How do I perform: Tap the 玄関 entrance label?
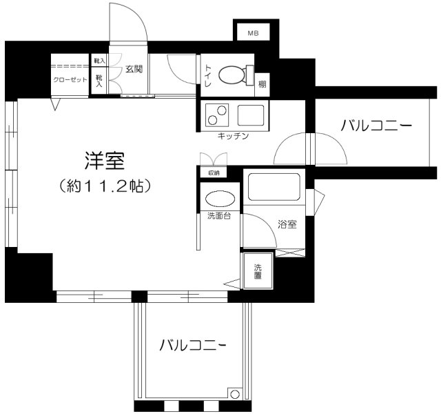click(134, 70)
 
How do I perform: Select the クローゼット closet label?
click(71, 79)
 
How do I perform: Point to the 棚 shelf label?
click(262, 84)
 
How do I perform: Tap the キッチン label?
click(232, 137)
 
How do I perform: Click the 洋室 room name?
click(104, 160)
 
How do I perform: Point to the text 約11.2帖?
click(105, 186)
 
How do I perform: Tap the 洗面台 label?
click(218, 217)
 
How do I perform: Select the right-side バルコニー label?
click(376, 126)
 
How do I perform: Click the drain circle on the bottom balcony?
click(235, 395)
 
